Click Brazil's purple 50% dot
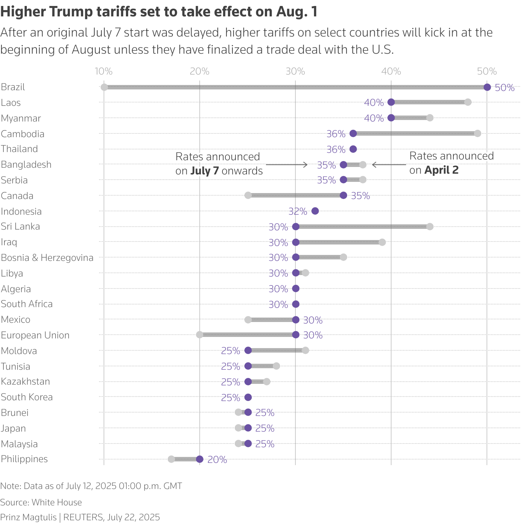[487, 87]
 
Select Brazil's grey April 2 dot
[104, 87]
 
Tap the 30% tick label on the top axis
[295, 72]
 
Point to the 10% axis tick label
[104, 72]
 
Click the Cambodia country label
[22, 134]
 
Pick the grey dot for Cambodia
[478, 133]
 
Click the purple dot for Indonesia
[315, 211]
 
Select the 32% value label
[298, 212]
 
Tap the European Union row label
[35, 335]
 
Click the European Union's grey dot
[200, 335]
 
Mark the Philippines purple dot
[200, 459]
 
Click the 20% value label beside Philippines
[217, 460]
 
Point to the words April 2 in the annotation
[441, 170]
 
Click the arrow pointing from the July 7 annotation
[287, 165]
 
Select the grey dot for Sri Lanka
[430, 227]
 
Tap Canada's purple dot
[343, 195]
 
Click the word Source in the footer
[15, 502]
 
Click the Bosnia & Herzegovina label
[47, 258]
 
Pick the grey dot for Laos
[468, 102]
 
